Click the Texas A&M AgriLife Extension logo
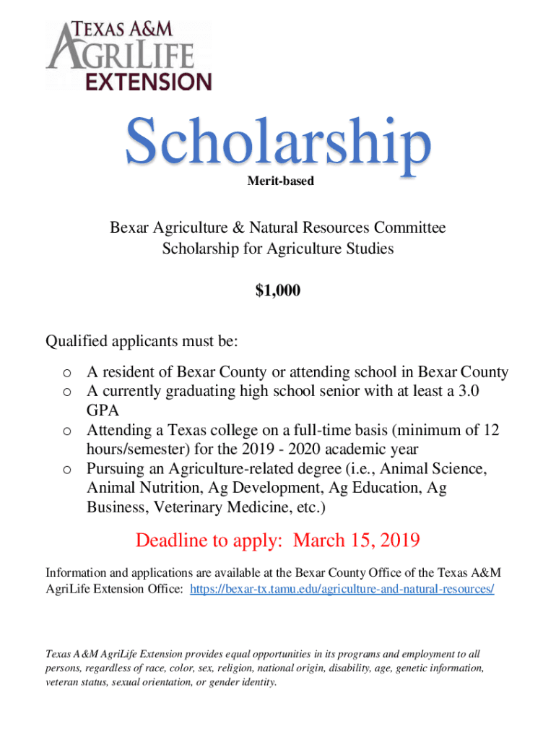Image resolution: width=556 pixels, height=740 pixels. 129,56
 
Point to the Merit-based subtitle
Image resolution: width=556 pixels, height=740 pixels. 280,181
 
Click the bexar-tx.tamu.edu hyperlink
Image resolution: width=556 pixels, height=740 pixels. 342,589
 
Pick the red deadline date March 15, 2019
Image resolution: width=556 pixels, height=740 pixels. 357,541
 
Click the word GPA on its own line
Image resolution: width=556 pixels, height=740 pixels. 101,410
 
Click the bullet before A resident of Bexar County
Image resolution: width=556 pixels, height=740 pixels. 66,374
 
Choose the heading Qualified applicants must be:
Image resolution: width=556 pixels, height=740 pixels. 142,340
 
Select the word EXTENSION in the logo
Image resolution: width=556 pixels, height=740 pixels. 149,80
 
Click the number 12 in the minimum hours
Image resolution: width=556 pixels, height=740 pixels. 491,431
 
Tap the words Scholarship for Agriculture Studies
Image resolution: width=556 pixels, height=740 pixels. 278,249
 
